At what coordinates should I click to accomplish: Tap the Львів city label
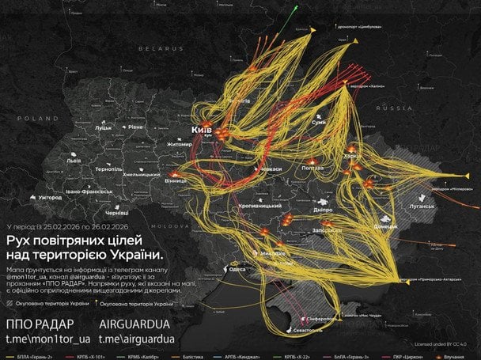[x=74, y=161]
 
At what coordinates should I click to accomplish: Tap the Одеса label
[x=236, y=269]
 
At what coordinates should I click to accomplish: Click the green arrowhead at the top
[x=296, y=8]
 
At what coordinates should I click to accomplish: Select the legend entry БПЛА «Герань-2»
[x=39, y=356]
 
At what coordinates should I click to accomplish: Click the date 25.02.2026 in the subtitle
[x=63, y=226]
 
